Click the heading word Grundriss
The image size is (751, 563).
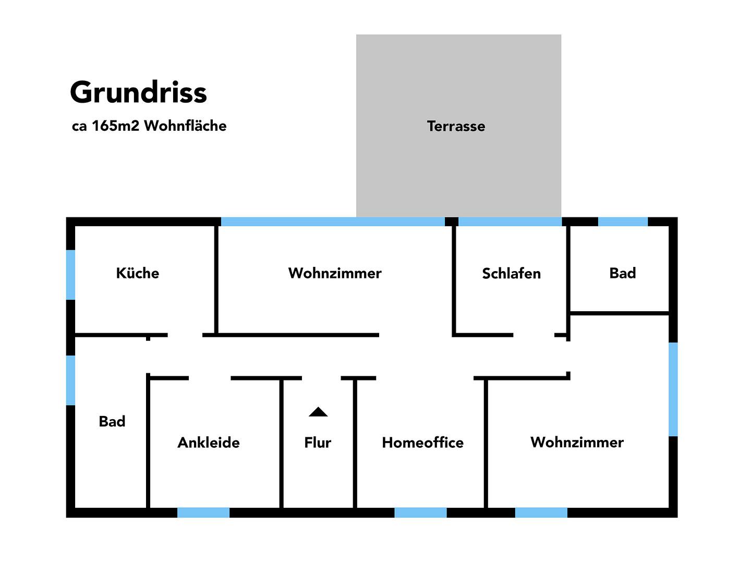pos(138,93)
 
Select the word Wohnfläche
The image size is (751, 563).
pos(185,126)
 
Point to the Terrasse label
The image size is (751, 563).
pos(456,126)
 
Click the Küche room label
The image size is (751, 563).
pos(137,273)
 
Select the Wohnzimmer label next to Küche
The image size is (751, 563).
pos(335,273)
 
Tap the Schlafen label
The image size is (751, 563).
pos(511,274)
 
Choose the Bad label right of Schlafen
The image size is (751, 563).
pos(623,273)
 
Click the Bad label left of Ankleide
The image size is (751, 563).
pos(112,421)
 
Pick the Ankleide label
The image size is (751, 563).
pos(209,443)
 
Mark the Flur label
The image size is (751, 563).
pos(318,443)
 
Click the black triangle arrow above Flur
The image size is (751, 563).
pos(318,412)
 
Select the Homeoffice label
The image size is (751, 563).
pos(422,443)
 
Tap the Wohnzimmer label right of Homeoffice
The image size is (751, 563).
pos(577,442)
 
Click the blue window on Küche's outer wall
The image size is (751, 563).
pos(70,275)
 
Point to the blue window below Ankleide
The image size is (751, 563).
pos(203,512)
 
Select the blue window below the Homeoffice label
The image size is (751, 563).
pos(420,512)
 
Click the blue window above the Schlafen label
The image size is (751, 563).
pos(510,222)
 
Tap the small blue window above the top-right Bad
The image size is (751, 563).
pos(623,222)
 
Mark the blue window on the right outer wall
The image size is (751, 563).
pos(673,389)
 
